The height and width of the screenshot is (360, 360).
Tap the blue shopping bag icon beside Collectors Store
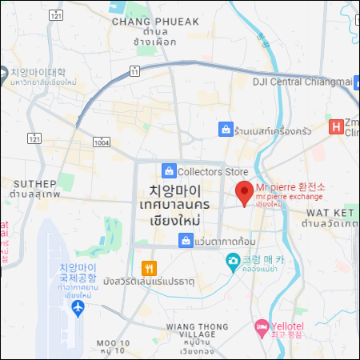click(169, 170)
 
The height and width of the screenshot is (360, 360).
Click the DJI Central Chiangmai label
click(302, 81)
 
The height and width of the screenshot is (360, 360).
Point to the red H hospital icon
click(337, 126)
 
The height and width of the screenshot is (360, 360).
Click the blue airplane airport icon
click(78, 307)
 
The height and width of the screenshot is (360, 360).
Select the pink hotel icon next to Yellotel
click(261, 327)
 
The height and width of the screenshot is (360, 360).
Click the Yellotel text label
click(290, 326)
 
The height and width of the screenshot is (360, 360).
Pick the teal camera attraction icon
click(232, 260)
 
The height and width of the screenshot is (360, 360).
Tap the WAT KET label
click(330, 213)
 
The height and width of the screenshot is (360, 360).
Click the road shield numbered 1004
click(101, 142)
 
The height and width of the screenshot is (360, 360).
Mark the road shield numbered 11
click(134, 72)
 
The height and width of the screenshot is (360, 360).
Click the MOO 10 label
click(112, 342)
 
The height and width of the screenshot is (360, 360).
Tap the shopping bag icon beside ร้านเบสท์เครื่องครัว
click(226, 128)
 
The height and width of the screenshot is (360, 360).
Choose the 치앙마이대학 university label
click(38, 71)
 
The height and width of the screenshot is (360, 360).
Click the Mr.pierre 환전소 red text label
click(285, 187)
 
